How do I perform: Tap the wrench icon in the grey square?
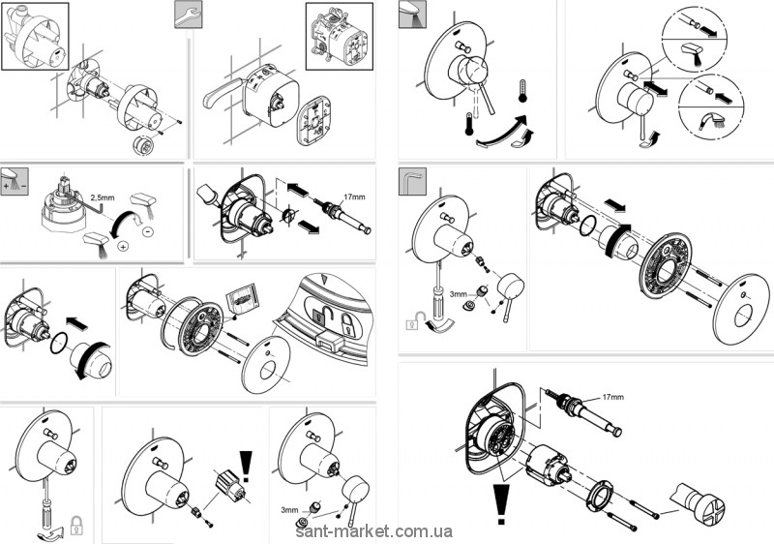pos(188,13)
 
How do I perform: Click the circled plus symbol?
pos(123,246)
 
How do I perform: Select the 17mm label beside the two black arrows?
pos(354,197)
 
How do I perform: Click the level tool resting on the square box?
pos(221,93)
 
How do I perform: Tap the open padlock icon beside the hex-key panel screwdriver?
pos(413,325)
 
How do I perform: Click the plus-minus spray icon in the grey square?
pos(14,179)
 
